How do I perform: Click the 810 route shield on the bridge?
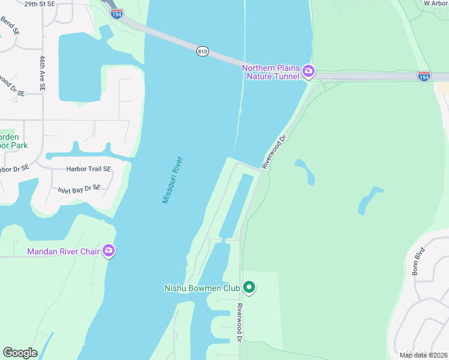(202, 52)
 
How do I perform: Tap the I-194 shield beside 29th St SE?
(117, 13)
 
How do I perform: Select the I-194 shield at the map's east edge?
(424, 76)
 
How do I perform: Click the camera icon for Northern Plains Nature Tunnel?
(309, 72)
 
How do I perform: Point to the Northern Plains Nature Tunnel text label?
(271, 72)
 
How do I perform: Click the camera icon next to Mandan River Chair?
(109, 251)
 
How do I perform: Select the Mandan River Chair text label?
(63, 251)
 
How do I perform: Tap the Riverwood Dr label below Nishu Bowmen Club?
(239, 323)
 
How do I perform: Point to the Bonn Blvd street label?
(419, 261)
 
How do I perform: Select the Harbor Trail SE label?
(89, 169)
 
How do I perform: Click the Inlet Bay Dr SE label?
(79, 189)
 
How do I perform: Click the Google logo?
(20, 353)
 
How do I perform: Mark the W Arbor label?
(436, 3)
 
